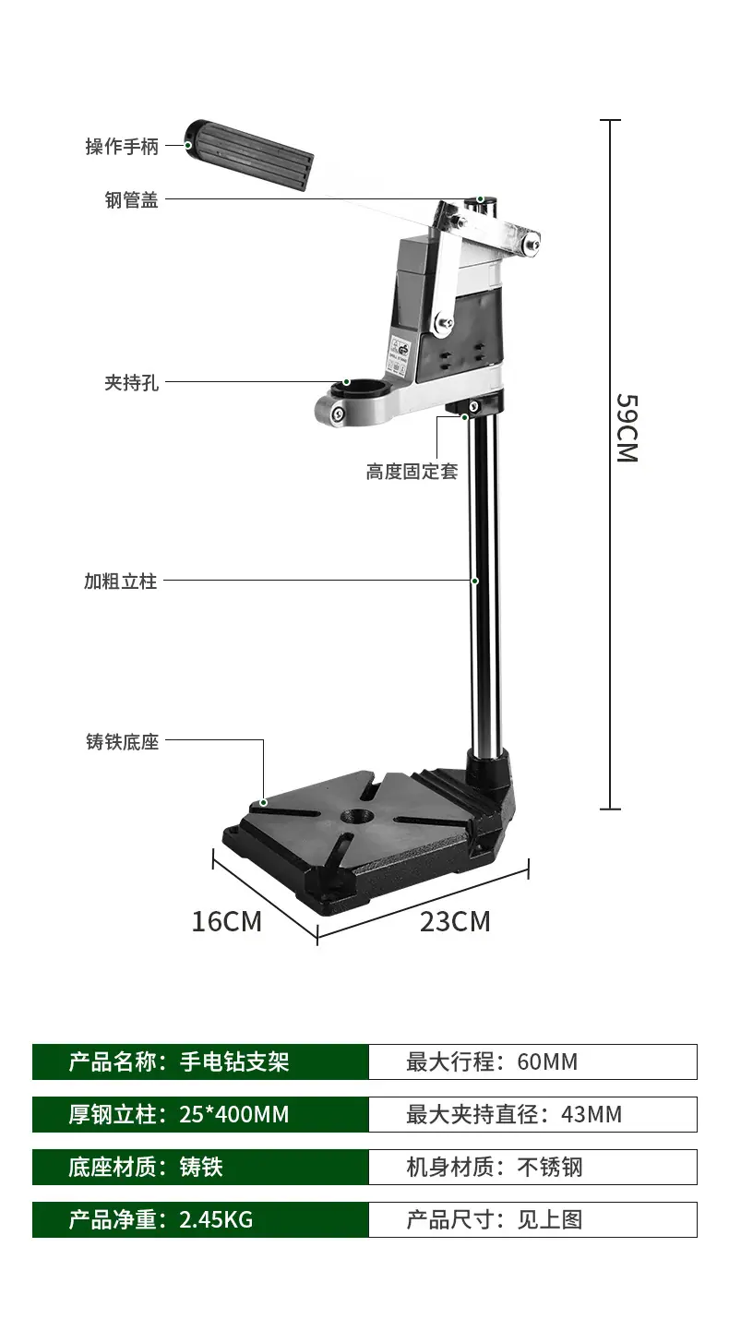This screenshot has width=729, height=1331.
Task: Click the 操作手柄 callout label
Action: pyautogui.click(x=122, y=146)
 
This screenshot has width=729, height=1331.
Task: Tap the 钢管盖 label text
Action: pyautogui.click(x=131, y=199)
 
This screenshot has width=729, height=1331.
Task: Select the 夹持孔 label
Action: pyautogui.click(x=131, y=383)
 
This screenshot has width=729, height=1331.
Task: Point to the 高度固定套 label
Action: pyautogui.click(x=412, y=472)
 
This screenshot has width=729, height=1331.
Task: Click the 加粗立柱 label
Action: pyautogui.click(x=121, y=582)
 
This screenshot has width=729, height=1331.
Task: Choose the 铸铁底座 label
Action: pyautogui.click(x=123, y=741)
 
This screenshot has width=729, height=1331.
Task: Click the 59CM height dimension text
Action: pyautogui.click(x=627, y=428)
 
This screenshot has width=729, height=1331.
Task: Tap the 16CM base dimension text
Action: pyautogui.click(x=226, y=921)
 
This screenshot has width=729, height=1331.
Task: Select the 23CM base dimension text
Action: pyautogui.click(x=455, y=921)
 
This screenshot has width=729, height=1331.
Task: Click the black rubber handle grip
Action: pyautogui.click(x=249, y=155)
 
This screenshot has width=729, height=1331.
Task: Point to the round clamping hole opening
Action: pyautogui.click(x=360, y=388)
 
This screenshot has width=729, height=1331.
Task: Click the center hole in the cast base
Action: pyautogui.click(x=357, y=816)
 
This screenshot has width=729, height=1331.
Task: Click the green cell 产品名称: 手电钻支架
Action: pyautogui.click(x=200, y=1061)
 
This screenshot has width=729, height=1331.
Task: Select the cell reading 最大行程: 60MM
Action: pyautogui.click(x=533, y=1061)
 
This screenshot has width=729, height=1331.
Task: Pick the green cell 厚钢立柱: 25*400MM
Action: pyautogui.click(x=200, y=1114)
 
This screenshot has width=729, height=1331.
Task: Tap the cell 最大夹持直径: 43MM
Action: pyautogui.click(x=533, y=1114)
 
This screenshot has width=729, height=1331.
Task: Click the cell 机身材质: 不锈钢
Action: pyautogui.click(x=533, y=1167)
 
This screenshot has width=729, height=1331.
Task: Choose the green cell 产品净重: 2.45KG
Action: pyautogui.click(x=200, y=1220)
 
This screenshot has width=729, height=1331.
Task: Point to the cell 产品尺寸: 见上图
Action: pyautogui.click(x=533, y=1220)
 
